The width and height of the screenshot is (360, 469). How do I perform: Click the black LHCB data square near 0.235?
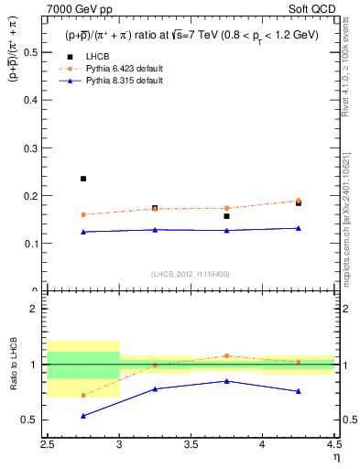(83, 179)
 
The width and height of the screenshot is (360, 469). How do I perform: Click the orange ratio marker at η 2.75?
(83, 396)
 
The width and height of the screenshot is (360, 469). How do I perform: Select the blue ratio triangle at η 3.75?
(226, 381)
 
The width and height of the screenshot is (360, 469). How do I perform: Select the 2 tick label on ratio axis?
(41, 309)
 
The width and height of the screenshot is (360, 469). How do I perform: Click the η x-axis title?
(336, 456)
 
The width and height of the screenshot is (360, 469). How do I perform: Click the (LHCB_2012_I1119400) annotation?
(191, 274)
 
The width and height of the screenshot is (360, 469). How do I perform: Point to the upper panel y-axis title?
(16, 64)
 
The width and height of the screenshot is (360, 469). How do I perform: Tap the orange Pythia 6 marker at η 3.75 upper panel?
(226, 208)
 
